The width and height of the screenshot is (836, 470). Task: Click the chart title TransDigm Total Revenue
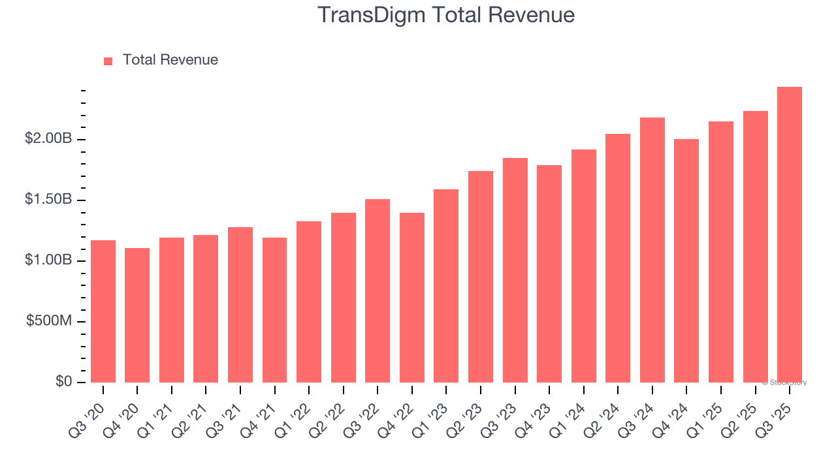tap(446, 15)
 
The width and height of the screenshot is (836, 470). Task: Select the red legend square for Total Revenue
tap(108, 61)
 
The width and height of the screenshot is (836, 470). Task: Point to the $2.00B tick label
tap(48, 138)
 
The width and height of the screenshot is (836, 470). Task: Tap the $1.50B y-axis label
tap(48, 199)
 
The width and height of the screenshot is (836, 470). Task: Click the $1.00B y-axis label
tap(48, 260)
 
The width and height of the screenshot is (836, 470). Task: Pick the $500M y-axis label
tap(49, 321)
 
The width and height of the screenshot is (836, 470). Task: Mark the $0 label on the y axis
tap(63, 381)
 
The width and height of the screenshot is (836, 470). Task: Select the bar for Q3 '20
tap(103, 311)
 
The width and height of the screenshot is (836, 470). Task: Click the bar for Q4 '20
tap(137, 315)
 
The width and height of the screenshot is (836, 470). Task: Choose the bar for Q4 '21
tap(274, 310)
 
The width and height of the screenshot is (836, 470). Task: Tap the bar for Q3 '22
tap(378, 291)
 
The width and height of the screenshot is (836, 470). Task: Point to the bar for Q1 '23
tap(446, 286)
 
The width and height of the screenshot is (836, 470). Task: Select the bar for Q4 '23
tap(549, 274)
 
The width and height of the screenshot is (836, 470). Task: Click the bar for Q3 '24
tap(652, 250)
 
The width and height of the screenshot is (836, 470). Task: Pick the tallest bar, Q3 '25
tap(790, 235)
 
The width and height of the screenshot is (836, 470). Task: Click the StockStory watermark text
tap(784, 383)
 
